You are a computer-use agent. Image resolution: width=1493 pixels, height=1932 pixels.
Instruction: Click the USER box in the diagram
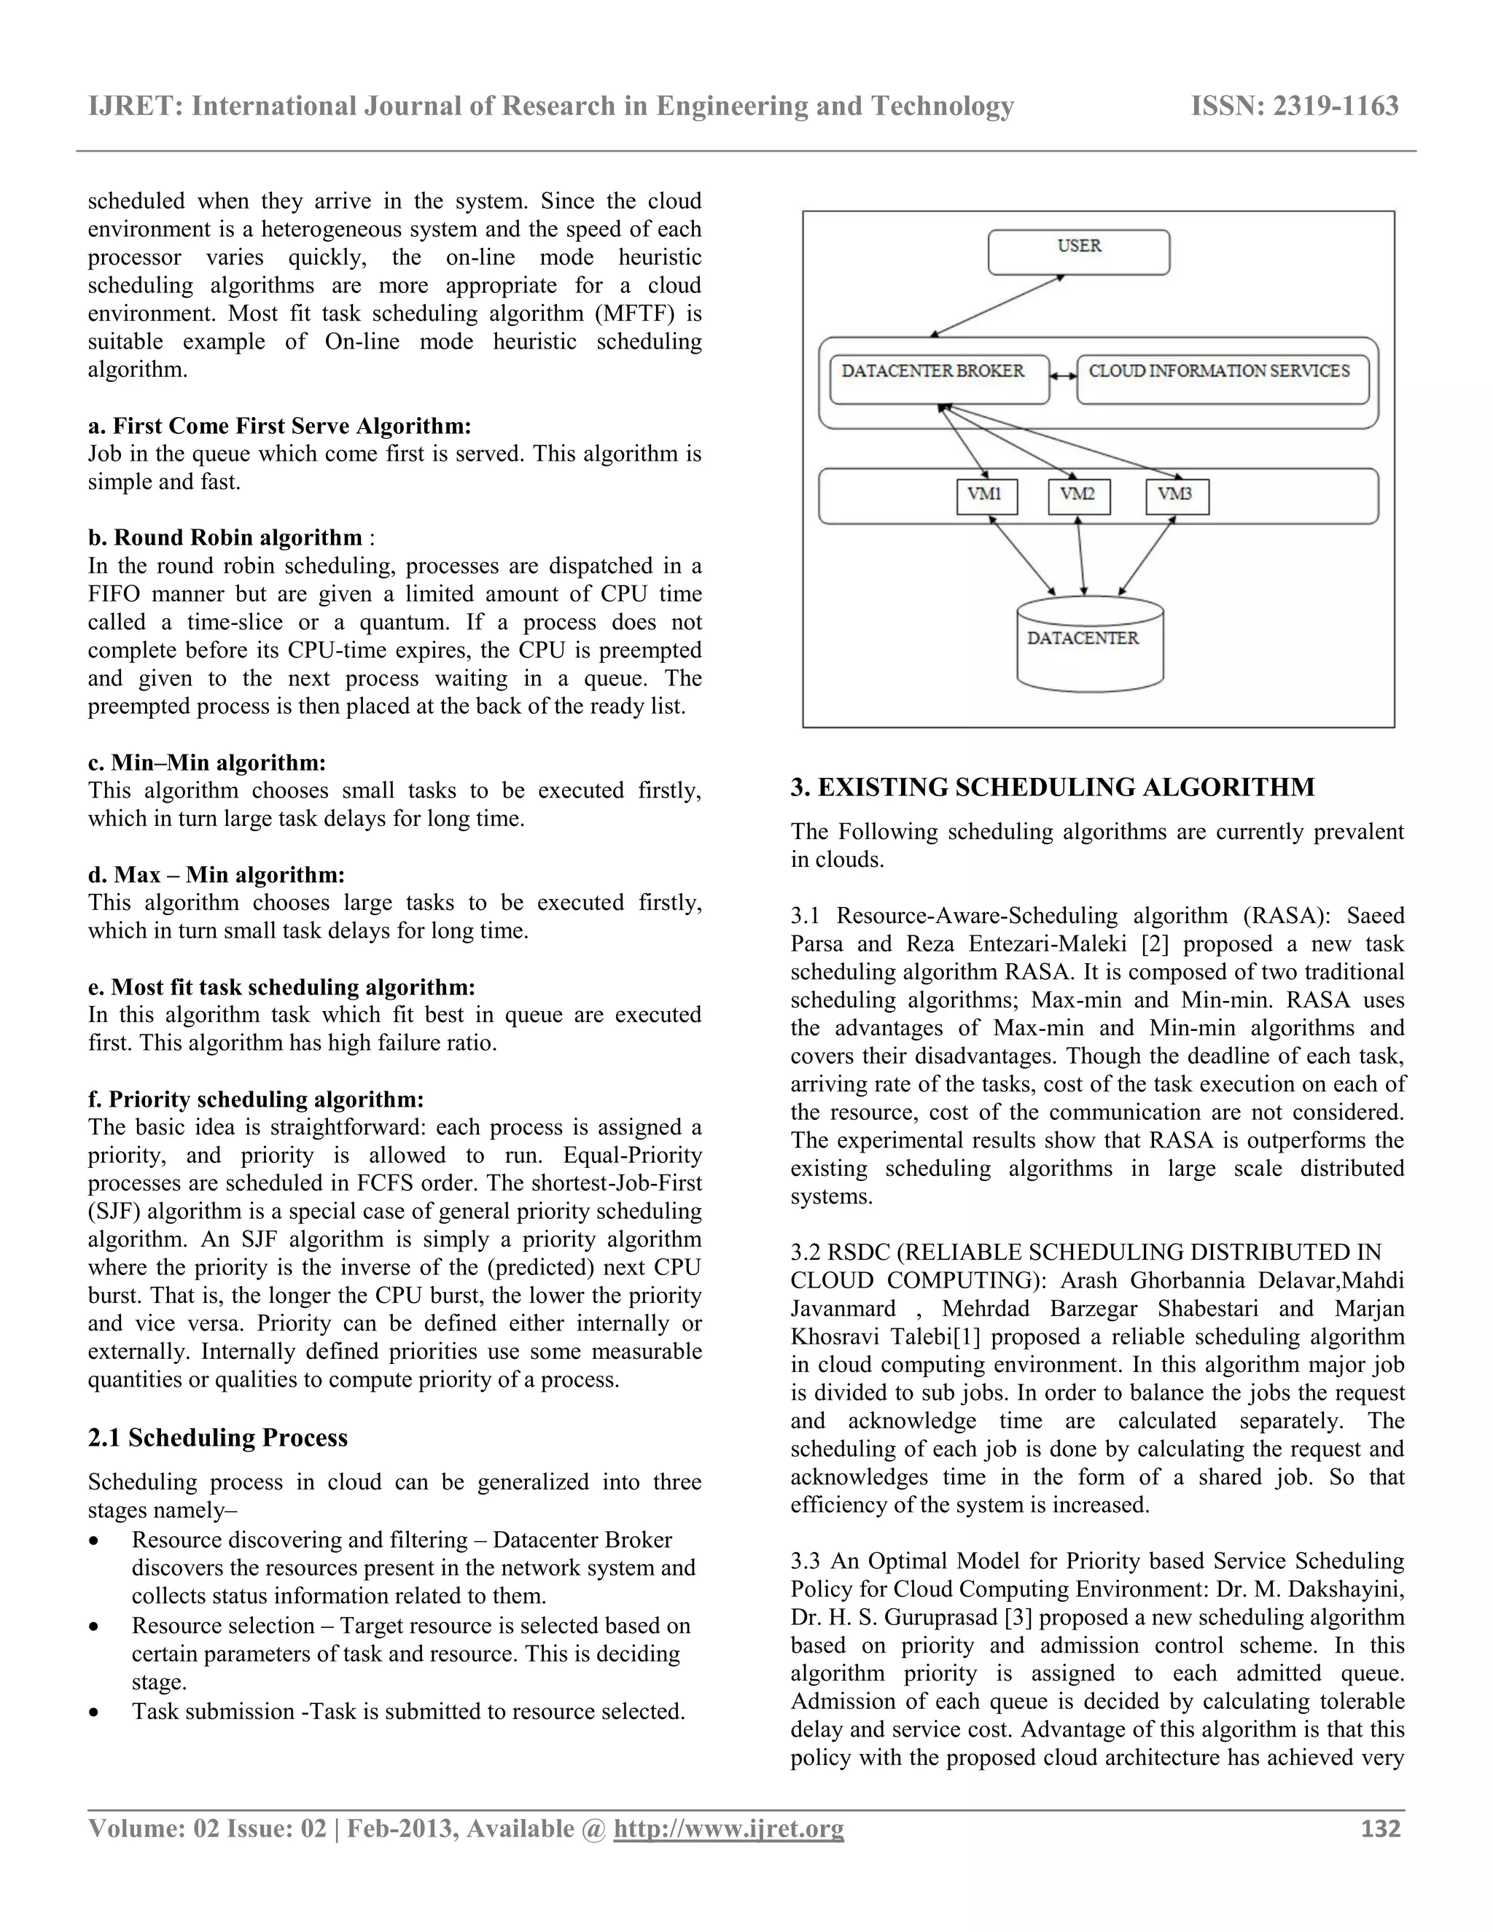[x=1078, y=252]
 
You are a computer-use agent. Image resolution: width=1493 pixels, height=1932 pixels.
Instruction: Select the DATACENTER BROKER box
[x=938, y=378]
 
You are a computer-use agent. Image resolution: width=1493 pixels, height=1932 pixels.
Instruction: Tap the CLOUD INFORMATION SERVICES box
[x=1222, y=378]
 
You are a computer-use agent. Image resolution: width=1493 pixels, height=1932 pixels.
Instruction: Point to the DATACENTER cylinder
[x=1089, y=643]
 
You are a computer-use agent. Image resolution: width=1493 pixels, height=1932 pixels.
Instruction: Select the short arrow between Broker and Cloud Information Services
[x=1062, y=377]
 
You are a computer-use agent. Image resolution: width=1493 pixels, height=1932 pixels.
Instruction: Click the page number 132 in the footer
[x=1380, y=1828]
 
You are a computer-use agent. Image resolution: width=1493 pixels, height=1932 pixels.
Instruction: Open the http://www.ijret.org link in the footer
[x=728, y=1828]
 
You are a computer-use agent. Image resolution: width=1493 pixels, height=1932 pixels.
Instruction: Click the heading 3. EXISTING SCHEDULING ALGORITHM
[x=1052, y=787]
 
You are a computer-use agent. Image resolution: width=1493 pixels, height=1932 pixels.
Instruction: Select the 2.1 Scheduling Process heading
[x=217, y=1438]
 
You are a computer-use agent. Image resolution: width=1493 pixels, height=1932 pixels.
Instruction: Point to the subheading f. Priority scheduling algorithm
[x=256, y=1099]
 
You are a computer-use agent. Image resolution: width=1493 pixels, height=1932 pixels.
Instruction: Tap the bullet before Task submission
[x=95, y=1713]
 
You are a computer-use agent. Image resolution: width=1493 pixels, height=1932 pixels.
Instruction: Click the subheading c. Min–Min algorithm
[x=207, y=763]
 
